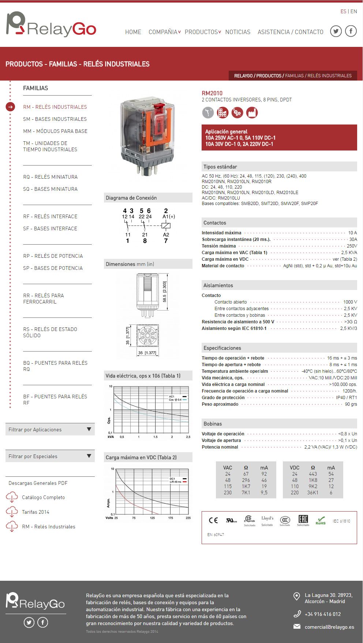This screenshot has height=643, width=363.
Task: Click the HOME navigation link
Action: (133, 32)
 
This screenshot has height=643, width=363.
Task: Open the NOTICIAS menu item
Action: (237, 32)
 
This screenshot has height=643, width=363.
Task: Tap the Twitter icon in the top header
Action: (336, 31)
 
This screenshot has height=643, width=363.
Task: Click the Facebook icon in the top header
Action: (351, 31)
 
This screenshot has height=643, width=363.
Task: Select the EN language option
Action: (353, 11)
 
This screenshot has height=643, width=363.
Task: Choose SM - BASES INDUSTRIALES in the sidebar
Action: (55, 119)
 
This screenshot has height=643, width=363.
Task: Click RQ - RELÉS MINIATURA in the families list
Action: (50, 177)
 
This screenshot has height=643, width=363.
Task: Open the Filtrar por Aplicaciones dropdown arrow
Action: (89, 429)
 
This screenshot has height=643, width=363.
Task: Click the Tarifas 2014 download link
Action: (35, 512)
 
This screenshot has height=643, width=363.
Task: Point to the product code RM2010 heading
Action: (212, 93)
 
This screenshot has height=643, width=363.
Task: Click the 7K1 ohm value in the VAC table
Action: (246, 493)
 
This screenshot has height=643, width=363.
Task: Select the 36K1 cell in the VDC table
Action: (313, 493)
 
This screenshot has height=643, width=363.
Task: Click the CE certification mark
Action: (213, 520)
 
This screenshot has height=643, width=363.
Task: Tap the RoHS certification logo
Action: (321, 520)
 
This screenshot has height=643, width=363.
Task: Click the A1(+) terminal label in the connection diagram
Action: (168, 216)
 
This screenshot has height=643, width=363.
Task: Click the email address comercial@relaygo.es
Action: (329, 627)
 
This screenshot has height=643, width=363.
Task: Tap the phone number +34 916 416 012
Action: (322, 614)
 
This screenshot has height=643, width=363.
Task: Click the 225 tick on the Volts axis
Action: (188, 518)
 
